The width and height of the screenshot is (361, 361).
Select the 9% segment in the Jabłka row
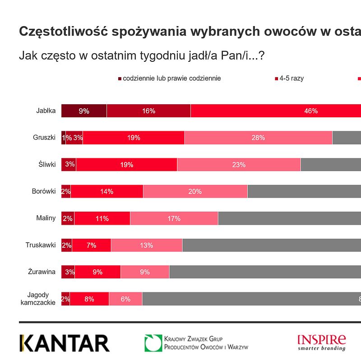click(84, 111)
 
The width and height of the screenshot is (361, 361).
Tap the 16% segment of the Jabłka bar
click(148, 111)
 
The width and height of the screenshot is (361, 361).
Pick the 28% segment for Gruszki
click(258, 138)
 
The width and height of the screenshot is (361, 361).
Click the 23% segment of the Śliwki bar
click(239, 165)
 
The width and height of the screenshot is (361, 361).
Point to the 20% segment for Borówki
click(195, 191)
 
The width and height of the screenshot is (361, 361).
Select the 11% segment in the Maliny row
click(102, 218)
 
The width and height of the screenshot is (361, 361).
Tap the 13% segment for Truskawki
click(147, 245)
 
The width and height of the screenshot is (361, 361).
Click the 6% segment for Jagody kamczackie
click(125, 299)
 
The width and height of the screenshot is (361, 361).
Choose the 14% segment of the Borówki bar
click(107, 191)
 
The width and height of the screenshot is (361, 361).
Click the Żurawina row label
click(42, 272)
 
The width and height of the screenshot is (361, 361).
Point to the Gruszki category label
click(44, 137)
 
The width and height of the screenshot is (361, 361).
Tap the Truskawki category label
click(41, 245)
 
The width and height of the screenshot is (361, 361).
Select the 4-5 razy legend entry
click(291, 78)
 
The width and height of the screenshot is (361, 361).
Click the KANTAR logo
click(65, 343)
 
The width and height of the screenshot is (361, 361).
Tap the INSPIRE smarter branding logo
click(322, 342)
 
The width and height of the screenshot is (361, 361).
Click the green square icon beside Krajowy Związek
click(153, 343)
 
